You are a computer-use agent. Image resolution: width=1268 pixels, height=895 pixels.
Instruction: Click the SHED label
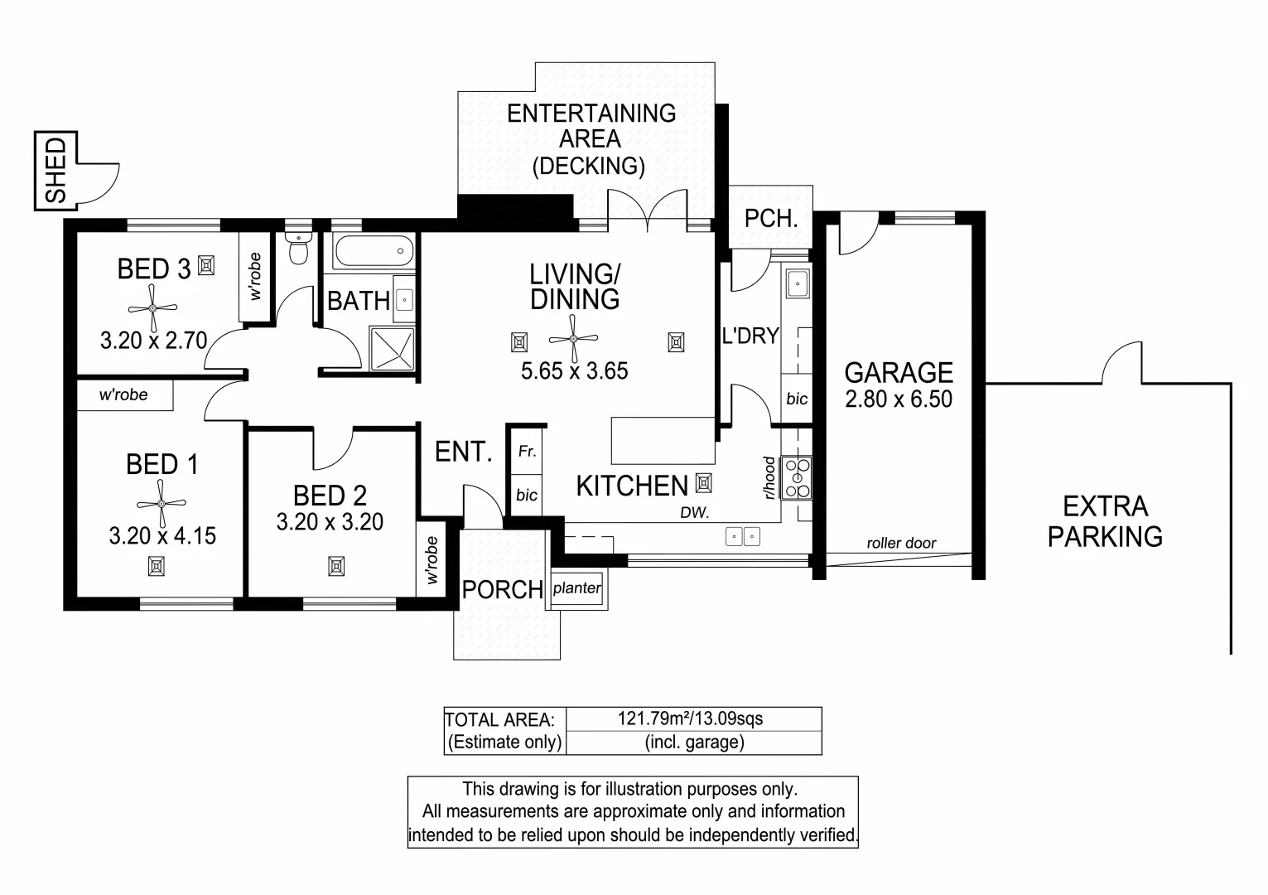point(55,170)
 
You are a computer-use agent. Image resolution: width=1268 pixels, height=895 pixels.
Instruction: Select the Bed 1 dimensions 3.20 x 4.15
point(162,535)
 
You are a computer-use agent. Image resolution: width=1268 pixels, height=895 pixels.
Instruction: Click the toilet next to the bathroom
point(298,248)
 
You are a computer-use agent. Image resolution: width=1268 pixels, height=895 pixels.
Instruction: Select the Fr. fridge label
point(527,452)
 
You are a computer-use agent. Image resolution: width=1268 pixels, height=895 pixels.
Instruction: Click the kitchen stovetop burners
point(798,477)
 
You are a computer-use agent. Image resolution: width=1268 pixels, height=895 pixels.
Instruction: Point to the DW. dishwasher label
point(695,513)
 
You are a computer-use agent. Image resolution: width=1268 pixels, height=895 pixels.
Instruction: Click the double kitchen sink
point(743,536)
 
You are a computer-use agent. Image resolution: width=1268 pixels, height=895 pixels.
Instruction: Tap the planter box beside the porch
point(577,588)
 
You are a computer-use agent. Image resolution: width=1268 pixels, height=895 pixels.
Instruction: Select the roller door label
point(901,544)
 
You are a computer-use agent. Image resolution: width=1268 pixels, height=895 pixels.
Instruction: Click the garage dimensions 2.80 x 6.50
point(899,399)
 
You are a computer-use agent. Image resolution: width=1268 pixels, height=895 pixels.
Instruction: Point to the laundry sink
point(798,283)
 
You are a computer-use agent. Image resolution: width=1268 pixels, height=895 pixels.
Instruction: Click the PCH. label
point(770,219)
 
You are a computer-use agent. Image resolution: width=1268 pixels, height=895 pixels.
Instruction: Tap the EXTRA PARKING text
point(1105,521)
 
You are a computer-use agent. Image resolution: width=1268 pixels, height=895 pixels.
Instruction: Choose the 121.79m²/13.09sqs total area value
point(690,718)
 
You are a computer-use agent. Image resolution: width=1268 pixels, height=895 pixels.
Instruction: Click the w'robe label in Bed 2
point(432,560)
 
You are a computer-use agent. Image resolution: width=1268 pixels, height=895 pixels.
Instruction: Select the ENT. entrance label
point(463,452)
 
